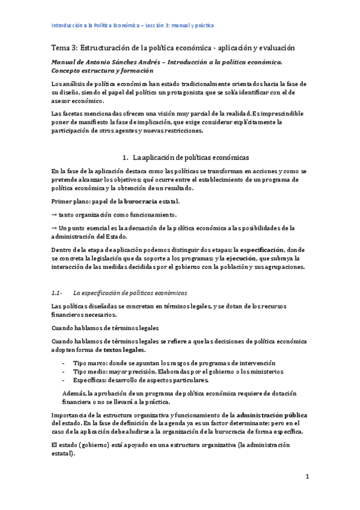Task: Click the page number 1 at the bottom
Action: (307, 477)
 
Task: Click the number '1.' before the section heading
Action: (125, 158)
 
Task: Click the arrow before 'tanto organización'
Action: (54, 214)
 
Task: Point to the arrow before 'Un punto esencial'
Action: (54, 227)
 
